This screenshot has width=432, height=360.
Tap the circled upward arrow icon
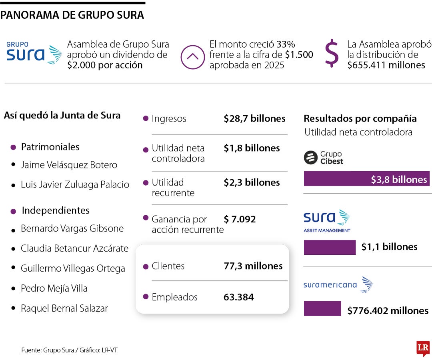coord(192,57)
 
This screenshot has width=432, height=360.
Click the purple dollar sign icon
coord(332,53)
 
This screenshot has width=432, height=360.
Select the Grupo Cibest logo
coord(324,158)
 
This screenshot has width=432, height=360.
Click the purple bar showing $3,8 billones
coord(366,179)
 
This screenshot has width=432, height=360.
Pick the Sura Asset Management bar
coord(330,247)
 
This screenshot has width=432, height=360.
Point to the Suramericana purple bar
coord(322,308)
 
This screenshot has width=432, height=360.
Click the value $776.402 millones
coord(388,310)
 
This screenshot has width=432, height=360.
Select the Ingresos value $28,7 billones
coord(254,119)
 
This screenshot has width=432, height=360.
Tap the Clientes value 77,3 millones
coord(253,266)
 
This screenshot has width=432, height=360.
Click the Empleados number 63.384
coord(238,297)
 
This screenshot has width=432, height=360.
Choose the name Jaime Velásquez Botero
coord(69,165)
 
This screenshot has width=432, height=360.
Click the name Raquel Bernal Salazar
coord(64,308)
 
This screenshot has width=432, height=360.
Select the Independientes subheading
coord(56,210)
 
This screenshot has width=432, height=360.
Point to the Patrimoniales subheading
coord(50,147)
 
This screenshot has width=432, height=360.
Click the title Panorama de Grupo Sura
coord(72,16)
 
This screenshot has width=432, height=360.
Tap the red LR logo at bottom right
coord(423,348)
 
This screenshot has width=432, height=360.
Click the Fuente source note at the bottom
coord(69,350)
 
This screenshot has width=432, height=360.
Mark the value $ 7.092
coord(240,219)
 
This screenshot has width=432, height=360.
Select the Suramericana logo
coord(338,285)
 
